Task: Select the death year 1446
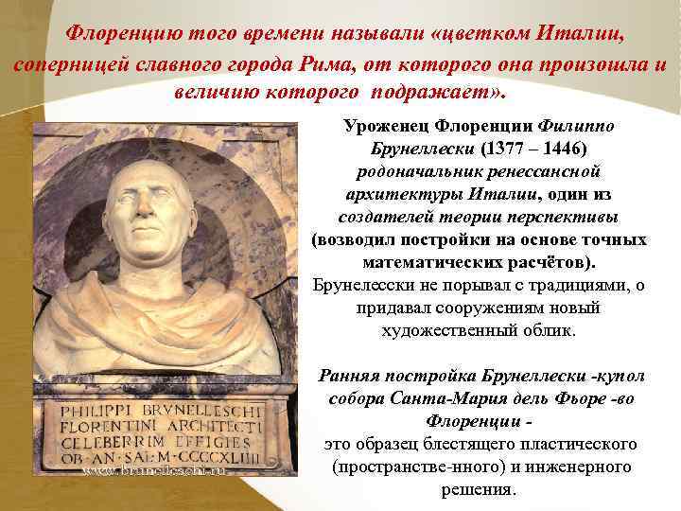coord(562,150)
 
